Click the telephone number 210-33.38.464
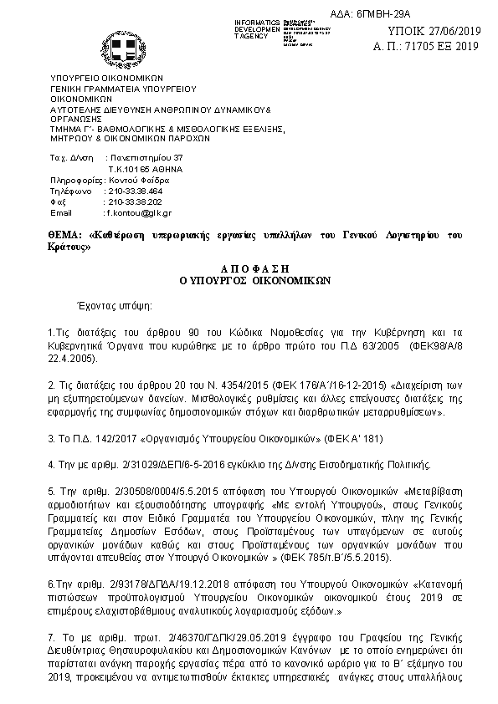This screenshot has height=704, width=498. click(132, 191)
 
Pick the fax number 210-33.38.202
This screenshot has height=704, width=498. click(132, 202)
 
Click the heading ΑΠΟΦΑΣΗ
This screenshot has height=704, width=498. click(249, 269)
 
